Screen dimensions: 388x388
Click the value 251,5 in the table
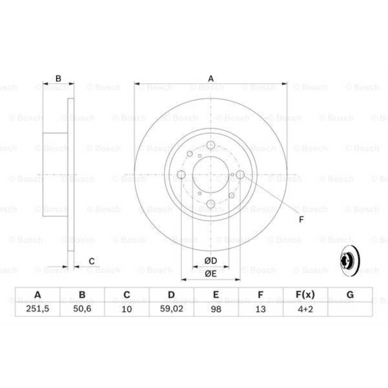pos(38,309)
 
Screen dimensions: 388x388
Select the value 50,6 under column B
pos(82,309)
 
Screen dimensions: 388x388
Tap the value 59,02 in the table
pos(171,309)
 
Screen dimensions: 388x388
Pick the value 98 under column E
pos(216,309)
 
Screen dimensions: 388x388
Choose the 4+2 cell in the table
pos(305,309)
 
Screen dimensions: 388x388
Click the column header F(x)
pos(305,295)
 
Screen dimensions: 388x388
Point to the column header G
pos(350,295)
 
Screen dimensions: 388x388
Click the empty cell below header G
pos(350,309)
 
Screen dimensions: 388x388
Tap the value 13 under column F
pos(261,309)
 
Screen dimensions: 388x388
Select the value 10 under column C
pos(127,309)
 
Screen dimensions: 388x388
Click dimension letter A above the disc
pos(211,79)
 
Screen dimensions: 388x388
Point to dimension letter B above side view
pos(58,79)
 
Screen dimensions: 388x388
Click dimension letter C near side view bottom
pos(92,262)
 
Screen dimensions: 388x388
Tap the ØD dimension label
pos(211,260)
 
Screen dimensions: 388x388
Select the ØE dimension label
pos(211,274)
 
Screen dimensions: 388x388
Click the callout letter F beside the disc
pos(301,220)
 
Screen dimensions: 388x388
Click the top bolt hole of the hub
pos(211,145)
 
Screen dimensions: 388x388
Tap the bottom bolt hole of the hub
pos(211,204)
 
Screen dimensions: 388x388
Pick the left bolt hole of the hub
pos(181,175)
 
